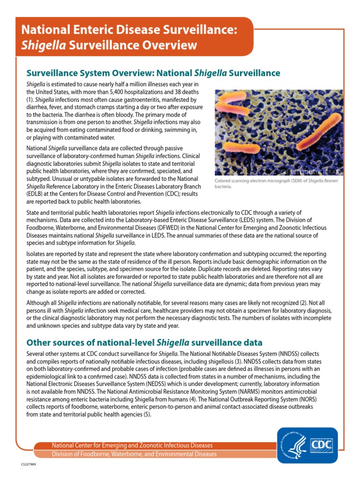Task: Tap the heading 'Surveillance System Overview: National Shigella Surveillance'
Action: point(153,73)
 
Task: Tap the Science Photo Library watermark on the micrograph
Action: point(310,172)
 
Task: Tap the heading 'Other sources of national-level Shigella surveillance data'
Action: point(144,342)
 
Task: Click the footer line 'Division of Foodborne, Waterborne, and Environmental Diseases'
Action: point(134,454)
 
